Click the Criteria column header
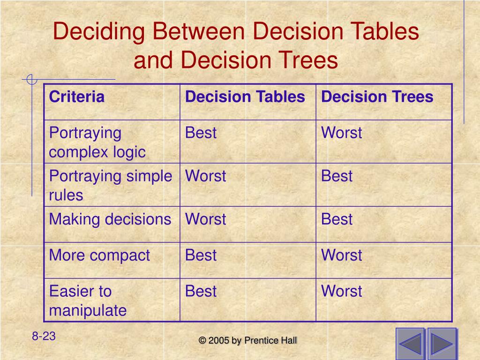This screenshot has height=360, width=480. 77,97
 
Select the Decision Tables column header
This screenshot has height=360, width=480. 245,97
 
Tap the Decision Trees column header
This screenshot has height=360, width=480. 377,97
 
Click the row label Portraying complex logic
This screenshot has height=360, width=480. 97,142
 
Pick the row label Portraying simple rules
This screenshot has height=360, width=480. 111,186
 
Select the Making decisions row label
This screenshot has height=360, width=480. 110,219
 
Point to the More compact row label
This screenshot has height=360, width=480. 99,255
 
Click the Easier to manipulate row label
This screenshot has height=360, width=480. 88,300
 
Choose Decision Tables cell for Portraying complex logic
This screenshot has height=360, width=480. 201,133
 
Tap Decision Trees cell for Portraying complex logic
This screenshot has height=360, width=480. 341,133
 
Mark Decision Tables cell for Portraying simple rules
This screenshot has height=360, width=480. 205,176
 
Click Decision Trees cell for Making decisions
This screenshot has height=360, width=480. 337,219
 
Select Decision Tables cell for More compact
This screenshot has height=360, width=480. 201,255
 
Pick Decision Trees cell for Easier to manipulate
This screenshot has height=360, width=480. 341,292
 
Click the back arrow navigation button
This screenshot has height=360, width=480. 410,344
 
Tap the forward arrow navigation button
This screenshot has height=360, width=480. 442,344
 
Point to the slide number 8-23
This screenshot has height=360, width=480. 44,336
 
